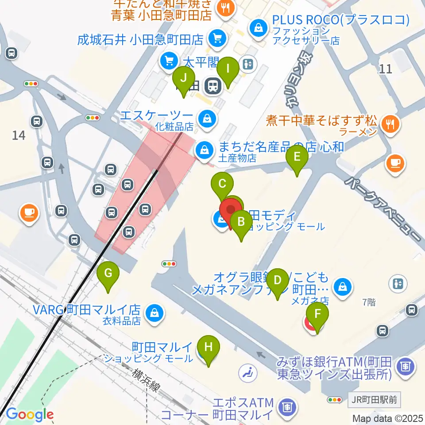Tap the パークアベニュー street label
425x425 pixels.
click(383, 208)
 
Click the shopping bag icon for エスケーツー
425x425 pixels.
click(206, 118)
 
